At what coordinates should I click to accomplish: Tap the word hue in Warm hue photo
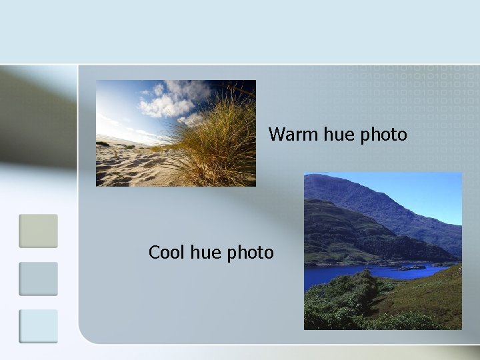tap(339, 135)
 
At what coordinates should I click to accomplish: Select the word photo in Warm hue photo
tap(383, 135)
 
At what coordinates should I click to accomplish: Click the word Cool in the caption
tap(167, 253)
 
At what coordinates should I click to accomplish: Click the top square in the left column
tap(38, 231)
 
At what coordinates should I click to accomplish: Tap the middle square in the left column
tap(38, 279)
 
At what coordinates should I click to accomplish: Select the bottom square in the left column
tap(38, 326)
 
